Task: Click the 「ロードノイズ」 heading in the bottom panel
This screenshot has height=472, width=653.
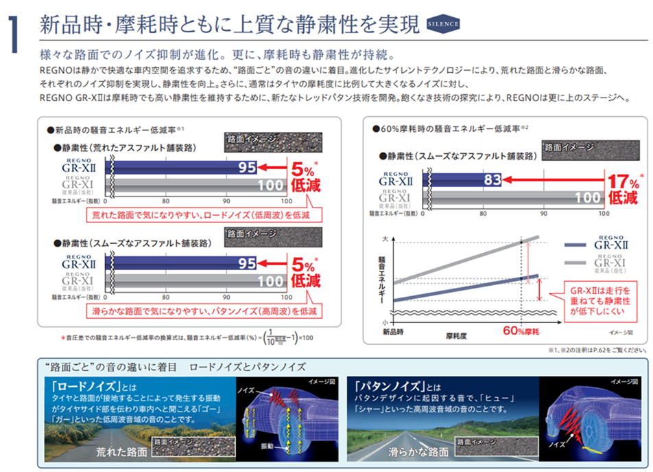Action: pos(82,385)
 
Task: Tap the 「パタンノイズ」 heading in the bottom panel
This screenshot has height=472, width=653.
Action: pos(384,385)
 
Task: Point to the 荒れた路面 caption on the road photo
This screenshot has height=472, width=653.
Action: pos(121,451)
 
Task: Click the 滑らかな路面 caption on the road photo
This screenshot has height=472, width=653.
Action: pos(418,451)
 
